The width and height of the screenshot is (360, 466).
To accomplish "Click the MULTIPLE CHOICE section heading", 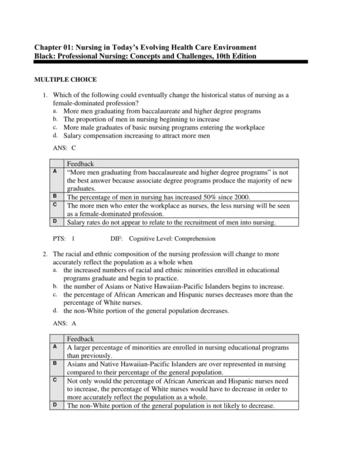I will [65, 79].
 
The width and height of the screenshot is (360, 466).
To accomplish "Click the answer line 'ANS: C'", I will [65, 147].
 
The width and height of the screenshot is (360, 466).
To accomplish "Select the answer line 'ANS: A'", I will [65, 322].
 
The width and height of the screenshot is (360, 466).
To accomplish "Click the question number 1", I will [45, 95].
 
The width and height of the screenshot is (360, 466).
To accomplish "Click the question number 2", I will [45, 254].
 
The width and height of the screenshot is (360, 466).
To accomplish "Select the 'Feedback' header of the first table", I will [80, 163].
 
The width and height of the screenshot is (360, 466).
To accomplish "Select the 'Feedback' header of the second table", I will [80, 339].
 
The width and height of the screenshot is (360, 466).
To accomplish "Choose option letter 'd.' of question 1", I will [55, 135].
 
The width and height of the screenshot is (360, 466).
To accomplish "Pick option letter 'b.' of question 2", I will [55, 286].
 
